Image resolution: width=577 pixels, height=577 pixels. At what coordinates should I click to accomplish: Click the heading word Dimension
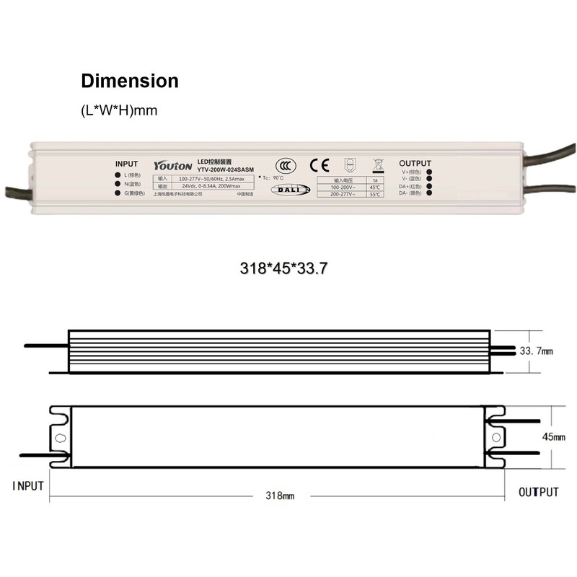(129, 81)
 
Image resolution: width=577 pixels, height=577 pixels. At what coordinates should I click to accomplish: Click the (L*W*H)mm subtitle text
(114, 111)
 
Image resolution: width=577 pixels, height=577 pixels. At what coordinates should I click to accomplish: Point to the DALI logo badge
(289, 190)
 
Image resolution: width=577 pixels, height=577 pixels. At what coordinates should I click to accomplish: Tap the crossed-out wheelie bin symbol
(376, 164)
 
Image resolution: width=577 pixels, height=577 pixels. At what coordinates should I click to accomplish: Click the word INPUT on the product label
(126, 164)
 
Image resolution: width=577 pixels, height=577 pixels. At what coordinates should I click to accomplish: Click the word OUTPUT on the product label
(415, 164)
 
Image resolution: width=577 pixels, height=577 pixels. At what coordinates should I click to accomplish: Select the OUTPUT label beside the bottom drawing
(539, 493)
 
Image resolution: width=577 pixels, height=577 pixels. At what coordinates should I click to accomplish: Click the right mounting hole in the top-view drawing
(496, 436)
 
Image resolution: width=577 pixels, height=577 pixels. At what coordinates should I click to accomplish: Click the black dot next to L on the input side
(118, 175)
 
